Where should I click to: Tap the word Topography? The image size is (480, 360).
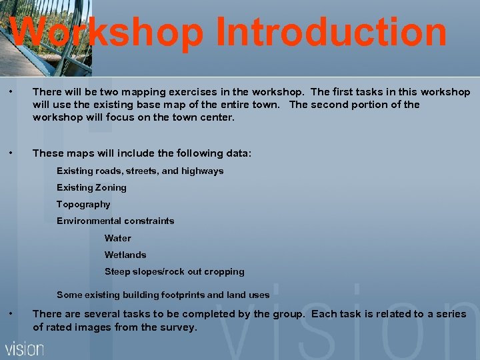pos(83,205)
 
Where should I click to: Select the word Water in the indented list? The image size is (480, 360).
pos(118,238)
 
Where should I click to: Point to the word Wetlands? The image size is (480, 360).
pos(125,255)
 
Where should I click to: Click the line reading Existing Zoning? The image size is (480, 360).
pos(91,188)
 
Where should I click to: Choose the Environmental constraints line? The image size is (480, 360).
pos(115,221)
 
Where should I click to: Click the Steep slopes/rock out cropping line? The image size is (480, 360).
pos(175,271)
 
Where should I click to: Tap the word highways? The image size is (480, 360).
pos(203,171)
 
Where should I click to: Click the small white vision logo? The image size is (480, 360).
pos(25,348)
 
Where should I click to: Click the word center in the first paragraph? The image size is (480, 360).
pos(219,117)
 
